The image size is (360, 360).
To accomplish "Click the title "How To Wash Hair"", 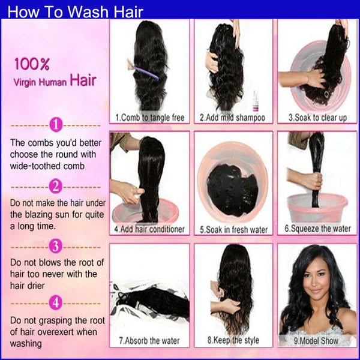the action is [76, 11].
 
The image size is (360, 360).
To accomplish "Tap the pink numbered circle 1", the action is [56, 125].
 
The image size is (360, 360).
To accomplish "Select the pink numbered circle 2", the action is [56, 186].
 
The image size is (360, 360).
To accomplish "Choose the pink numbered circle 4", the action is [56, 302].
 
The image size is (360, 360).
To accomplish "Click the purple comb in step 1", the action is [142, 70].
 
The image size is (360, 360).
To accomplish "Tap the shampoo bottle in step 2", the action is [255, 101].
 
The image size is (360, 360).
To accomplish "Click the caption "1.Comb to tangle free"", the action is [150, 118].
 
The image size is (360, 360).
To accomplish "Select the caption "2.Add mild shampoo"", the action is [232, 118].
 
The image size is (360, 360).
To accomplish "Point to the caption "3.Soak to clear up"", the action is [317, 118].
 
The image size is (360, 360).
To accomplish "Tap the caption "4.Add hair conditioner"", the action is [149, 229].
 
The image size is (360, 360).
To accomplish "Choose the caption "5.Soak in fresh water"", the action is [234, 230].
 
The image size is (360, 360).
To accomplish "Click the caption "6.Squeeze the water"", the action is [318, 229].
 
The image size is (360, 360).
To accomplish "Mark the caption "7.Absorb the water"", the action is [149, 341].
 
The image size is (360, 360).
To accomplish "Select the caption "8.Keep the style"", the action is [233, 340].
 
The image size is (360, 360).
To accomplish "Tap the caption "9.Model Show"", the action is [316, 341].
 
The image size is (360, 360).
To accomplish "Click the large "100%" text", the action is [32, 64].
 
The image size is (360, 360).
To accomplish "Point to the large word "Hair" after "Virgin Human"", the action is [83, 80].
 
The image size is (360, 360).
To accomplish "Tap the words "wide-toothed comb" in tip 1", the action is [47, 166].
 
